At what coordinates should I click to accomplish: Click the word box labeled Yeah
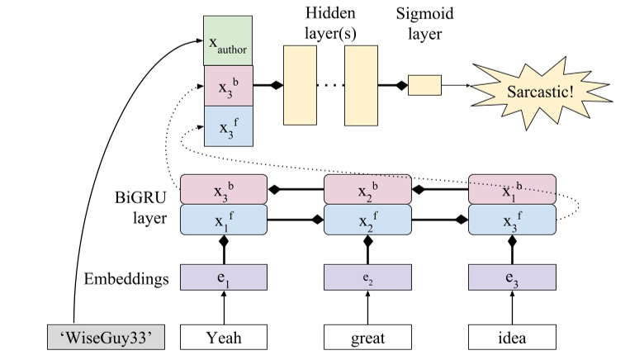[223, 336]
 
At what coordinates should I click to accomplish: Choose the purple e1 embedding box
[223, 278]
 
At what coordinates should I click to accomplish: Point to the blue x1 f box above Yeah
[223, 220]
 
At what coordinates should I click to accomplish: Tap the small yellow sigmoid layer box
[424, 85]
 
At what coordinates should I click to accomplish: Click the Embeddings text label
[129, 279]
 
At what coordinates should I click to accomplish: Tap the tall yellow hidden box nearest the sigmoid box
[361, 85]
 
